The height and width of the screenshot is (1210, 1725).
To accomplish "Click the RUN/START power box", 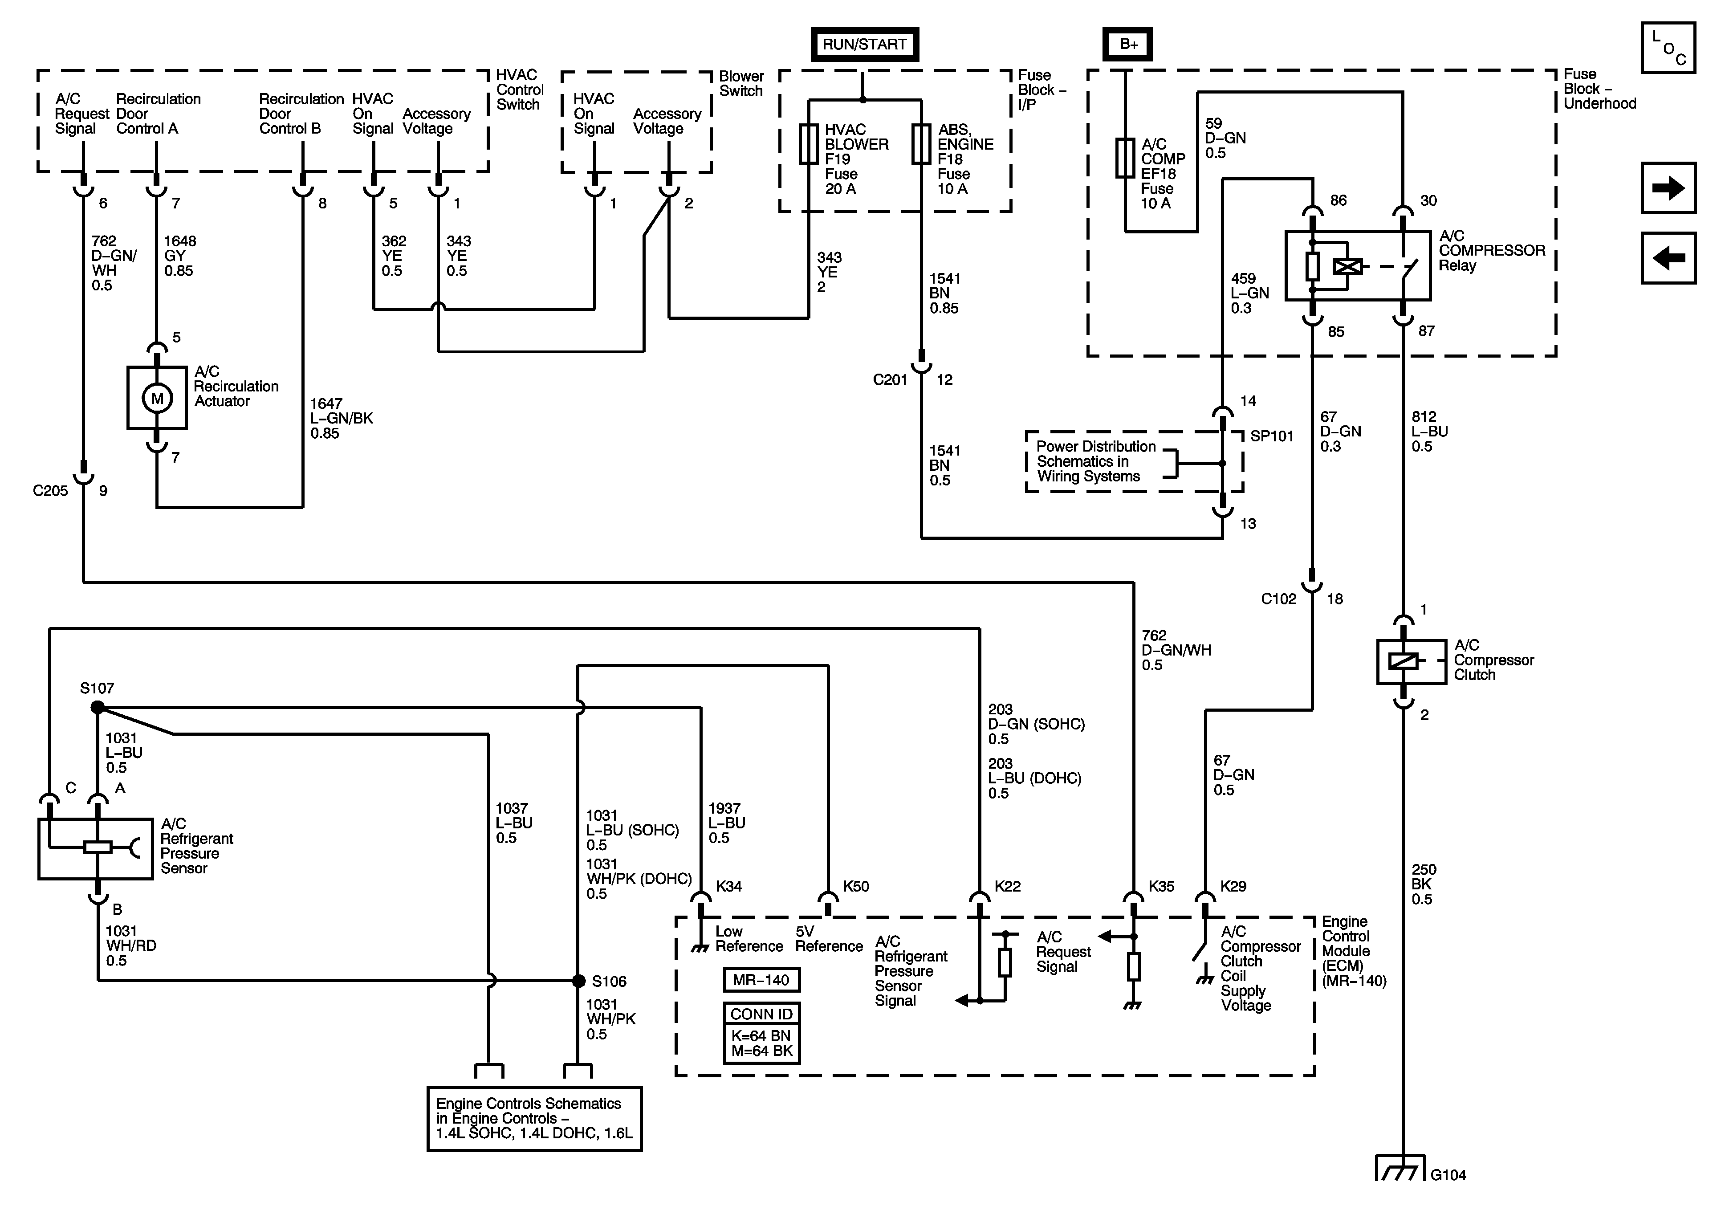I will pyautogui.click(x=864, y=45).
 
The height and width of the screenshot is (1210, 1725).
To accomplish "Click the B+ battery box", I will pyautogui.click(x=1127, y=45).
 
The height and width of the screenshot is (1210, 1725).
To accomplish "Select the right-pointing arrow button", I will pyautogui.click(x=1668, y=188).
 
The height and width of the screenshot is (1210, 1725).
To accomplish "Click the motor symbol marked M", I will pyautogui.click(x=157, y=398).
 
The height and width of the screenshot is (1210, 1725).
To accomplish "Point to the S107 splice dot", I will pyautogui.click(x=98, y=707).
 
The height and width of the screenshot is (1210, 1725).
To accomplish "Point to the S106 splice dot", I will pyautogui.click(x=578, y=981).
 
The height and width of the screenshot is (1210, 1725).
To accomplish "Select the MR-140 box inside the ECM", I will pyautogui.click(x=761, y=980).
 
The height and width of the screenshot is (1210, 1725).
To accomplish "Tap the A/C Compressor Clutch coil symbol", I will pyautogui.click(x=1403, y=661).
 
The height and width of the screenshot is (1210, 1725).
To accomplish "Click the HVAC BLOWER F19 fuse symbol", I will pyautogui.click(x=809, y=143).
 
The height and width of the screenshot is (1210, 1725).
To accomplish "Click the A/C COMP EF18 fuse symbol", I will pyautogui.click(x=1125, y=158).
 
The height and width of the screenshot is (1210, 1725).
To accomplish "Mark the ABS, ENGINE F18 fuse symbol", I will pyautogui.click(x=921, y=143).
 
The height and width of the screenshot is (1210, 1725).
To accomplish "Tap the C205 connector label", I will pyautogui.click(x=50, y=491).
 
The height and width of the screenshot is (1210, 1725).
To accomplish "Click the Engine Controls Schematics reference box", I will pyautogui.click(x=534, y=1118).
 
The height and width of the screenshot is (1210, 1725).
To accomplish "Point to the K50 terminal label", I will pyautogui.click(x=856, y=887).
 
